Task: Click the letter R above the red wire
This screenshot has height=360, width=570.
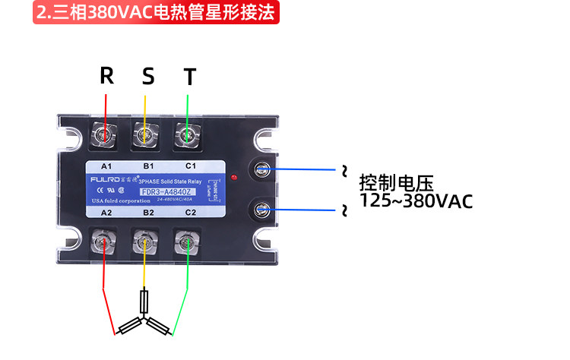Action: point(107,76)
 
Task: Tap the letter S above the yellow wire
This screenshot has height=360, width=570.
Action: point(148,76)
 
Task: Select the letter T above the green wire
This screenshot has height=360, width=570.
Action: point(190,77)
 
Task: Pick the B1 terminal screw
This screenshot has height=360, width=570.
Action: point(144,134)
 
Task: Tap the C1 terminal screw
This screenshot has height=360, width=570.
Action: point(185,134)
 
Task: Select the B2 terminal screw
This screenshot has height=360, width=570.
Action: point(144,243)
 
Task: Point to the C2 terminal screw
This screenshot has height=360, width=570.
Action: point(185,243)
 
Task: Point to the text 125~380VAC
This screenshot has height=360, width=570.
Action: point(416,202)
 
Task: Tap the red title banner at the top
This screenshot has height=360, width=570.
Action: point(157,13)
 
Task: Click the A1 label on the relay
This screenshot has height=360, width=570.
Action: point(106,166)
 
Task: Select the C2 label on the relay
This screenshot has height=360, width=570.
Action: point(191,214)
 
